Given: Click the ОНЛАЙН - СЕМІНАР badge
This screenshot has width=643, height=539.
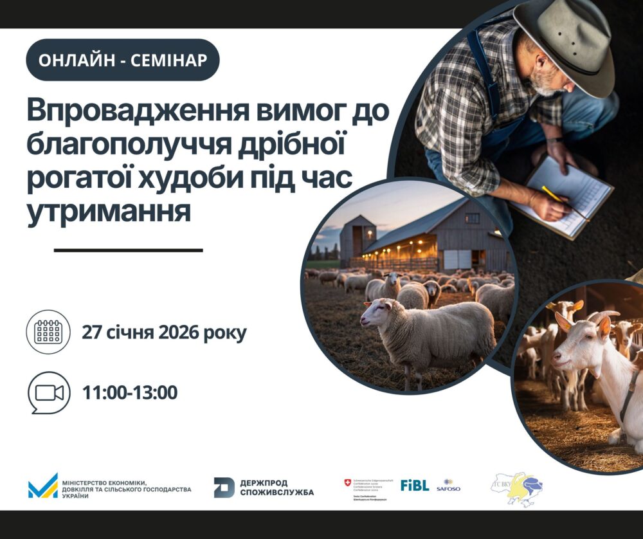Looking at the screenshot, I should [x=122, y=60].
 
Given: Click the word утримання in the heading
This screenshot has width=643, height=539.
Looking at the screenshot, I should [x=109, y=212].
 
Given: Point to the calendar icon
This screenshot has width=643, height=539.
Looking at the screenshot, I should [x=48, y=333].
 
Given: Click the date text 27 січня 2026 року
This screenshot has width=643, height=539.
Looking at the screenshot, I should [x=164, y=333].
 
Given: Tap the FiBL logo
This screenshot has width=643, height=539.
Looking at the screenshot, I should [x=414, y=485].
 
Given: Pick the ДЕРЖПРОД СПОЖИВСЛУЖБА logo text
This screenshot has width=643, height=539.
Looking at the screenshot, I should [x=276, y=488].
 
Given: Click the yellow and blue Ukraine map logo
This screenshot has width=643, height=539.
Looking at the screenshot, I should [x=518, y=489].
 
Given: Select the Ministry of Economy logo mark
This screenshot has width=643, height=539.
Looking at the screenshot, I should [x=43, y=486].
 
